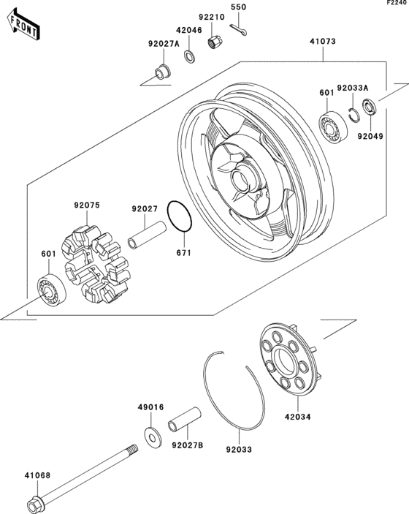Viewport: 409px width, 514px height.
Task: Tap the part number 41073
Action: [321, 42]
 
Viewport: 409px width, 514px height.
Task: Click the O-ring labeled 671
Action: [180, 215]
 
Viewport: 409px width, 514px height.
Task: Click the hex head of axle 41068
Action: [34, 506]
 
